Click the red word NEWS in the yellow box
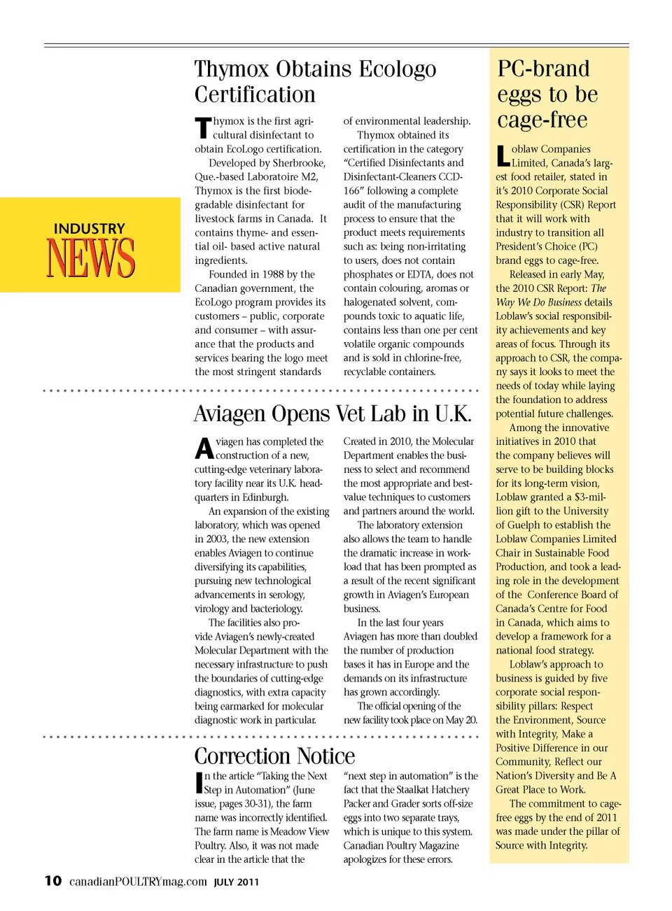(x=90, y=258)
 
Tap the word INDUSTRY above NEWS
(x=90, y=229)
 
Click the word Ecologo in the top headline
(x=398, y=69)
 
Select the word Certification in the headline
(x=255, y=95)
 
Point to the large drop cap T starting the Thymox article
(x=202, y=128)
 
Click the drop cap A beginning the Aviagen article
(x=204, y=449)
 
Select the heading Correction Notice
(x=274, y=756)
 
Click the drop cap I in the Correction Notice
(x=199, y=782)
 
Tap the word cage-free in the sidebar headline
(x=542, y=120)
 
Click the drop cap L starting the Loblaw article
(x=502, y=155)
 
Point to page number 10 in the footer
(x=53, y=881)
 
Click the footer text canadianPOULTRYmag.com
(x=138, y=882)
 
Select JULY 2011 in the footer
(x=237, y=882)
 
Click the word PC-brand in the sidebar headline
(x=543, y=69)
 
